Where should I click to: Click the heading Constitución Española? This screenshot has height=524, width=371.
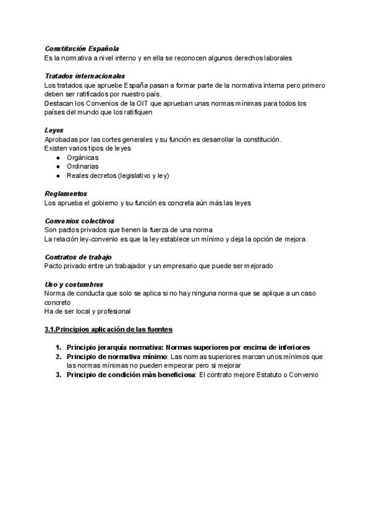tap(82, 48)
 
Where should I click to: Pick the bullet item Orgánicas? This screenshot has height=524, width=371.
tap(82, 158)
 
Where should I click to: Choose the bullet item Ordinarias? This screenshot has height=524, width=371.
tap(82, 166)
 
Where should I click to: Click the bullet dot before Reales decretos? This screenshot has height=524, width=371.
tap(58, 175)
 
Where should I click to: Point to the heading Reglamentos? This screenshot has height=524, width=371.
tap(66, 193)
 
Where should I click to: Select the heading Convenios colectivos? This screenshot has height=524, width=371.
tap(79, 221)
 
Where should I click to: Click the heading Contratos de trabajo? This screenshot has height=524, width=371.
tap(78, 257)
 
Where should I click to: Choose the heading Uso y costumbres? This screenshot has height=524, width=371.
tap(73, 284)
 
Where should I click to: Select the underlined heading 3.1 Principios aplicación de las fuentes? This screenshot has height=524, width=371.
tap(108, 329)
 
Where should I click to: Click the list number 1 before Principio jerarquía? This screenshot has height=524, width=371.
tap(58, 347)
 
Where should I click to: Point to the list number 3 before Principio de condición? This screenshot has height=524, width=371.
tap(58, 374)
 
